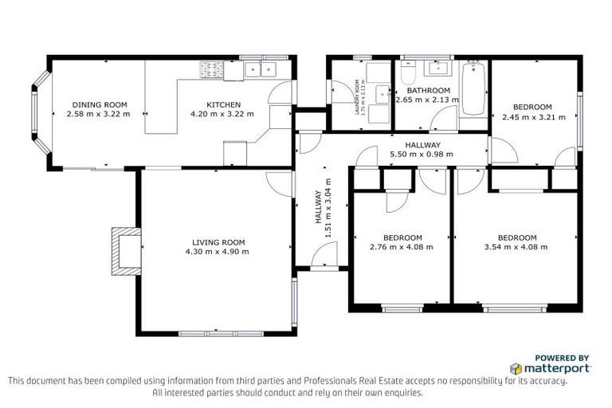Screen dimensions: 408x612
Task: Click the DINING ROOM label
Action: coord(100,104)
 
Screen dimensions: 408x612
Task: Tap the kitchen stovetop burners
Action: coord(212,71)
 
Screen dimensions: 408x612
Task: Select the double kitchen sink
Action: coord(261,70)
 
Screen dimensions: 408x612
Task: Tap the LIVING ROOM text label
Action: coord(218,241)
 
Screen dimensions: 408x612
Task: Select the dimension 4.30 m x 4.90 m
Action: coord(218,252)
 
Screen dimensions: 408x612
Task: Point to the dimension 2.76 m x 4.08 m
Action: coord(402,247)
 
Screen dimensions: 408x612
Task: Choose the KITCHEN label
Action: coord(222,104)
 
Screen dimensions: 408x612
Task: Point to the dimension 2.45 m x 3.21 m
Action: coord(532,116)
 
